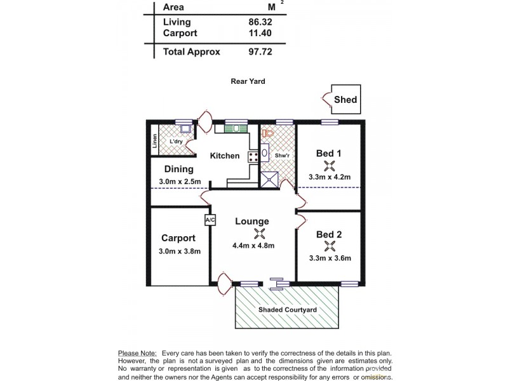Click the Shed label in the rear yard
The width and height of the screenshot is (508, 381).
click(345, 100)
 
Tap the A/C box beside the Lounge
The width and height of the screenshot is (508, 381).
click(210, 220)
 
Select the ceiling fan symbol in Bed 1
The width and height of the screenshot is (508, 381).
click(329, 166)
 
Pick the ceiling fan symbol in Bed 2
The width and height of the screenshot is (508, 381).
click(329, 246)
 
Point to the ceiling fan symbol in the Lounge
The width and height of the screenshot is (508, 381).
click(258, 233)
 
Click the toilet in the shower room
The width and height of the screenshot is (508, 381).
click(267, 134)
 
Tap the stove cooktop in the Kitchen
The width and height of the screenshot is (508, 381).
click(252, 156)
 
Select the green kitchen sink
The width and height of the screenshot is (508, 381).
click(235, 128)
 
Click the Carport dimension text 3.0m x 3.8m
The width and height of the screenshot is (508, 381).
click(178, 251)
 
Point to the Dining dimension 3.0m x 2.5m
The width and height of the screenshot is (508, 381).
click(180, 182)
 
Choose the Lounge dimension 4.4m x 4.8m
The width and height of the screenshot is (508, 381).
click(253, 246)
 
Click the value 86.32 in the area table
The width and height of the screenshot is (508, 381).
click(260, 22)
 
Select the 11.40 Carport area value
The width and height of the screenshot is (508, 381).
click(260, 33)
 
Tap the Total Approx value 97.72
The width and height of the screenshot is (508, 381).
click(260, 52)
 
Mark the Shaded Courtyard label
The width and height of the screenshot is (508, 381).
click(287, 310)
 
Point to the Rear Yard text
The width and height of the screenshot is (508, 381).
click(248, 81)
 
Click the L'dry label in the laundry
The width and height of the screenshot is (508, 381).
click(177, 141)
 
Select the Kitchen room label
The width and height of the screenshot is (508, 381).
click(225, 156)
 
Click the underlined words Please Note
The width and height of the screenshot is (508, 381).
click(137, 353)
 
